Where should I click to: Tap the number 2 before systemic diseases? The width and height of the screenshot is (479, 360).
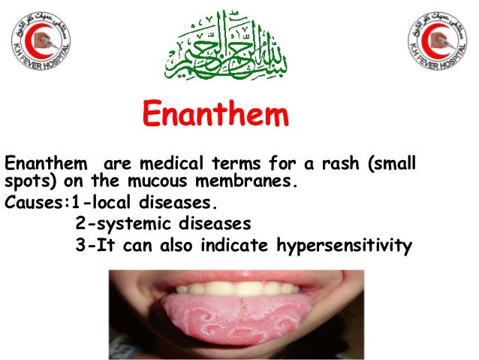coord(80,225)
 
